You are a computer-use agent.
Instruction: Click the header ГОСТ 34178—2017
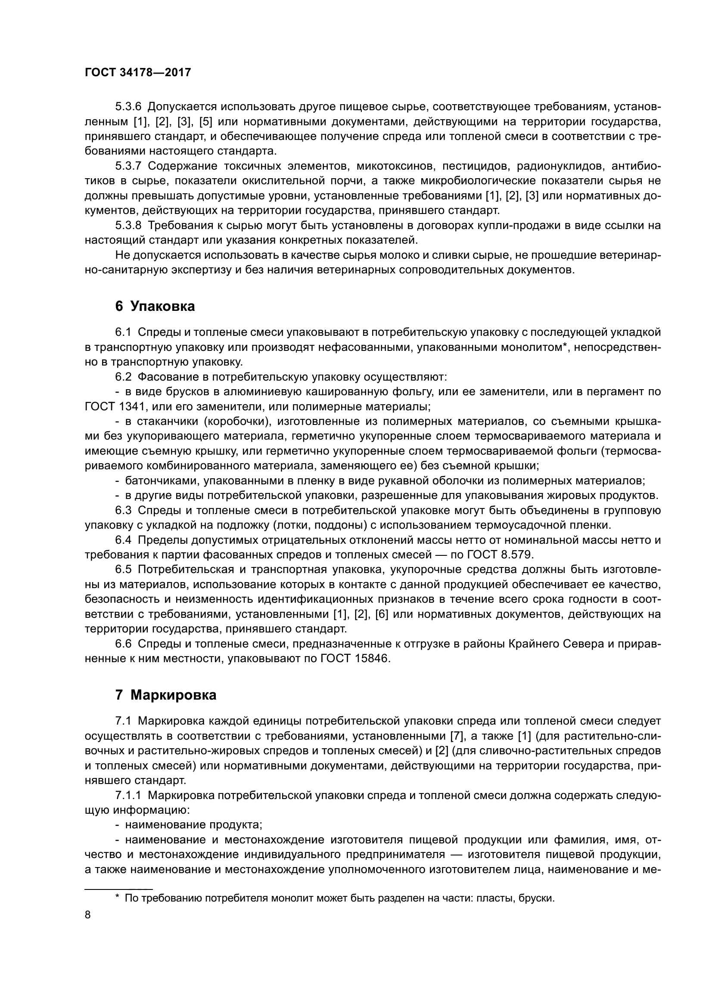tap(138, 72)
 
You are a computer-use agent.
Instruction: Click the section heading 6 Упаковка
tap(155, 306)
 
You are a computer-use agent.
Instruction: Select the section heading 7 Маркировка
tap(165, 695)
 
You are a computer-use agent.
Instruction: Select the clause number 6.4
tap(123, 540)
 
